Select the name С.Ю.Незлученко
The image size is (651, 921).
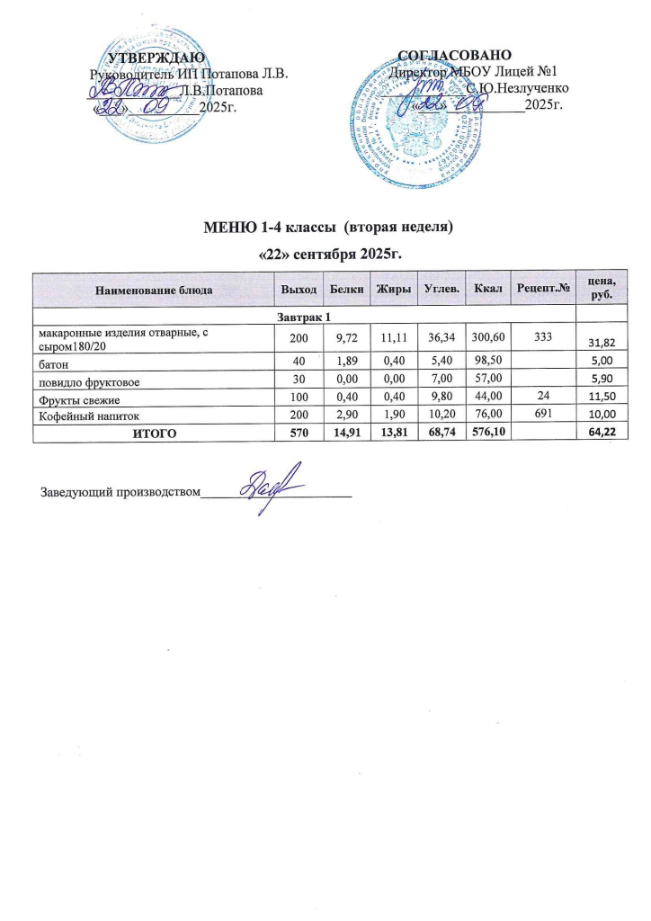tap(516, 89)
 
